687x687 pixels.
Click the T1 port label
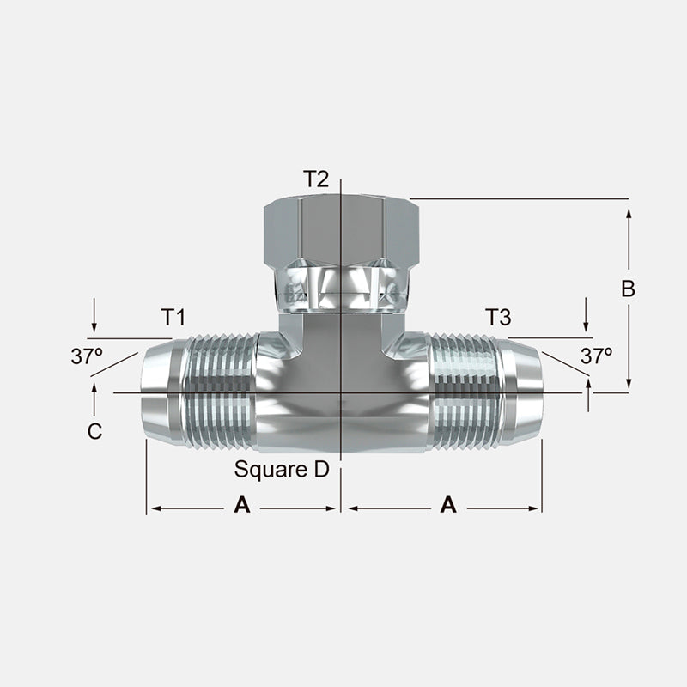click(173, 318)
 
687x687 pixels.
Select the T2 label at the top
click(315, 179)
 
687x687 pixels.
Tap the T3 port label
click(498, 318)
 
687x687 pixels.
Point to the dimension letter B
click(628, 289)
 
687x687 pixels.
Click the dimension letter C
click(94, 432)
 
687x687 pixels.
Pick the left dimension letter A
click(242, 507)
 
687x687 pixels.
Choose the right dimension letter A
click(447, 507)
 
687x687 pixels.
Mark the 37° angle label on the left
click(87, 356)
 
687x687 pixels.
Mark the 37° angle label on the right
click(596, 356)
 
